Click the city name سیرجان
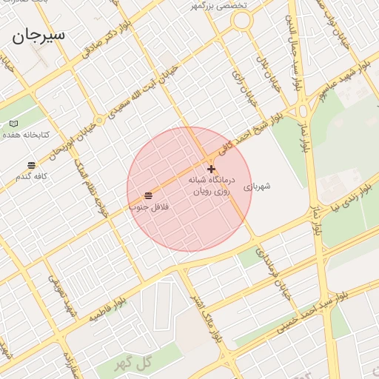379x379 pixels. [38, 34]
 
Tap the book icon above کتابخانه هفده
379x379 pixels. [13, 123]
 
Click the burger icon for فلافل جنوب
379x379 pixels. [149, 195]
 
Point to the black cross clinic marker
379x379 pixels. [211, 169]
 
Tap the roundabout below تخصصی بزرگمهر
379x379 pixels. [241, 22]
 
